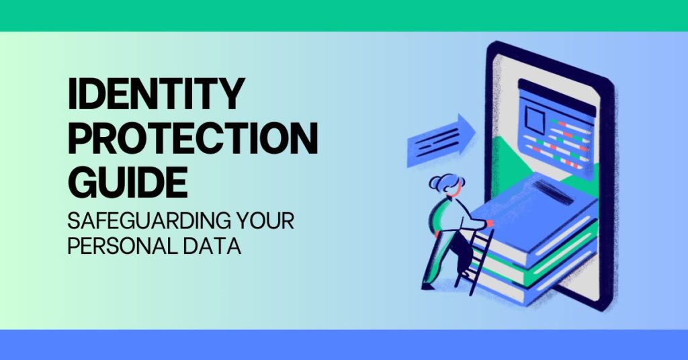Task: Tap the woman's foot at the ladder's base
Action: point(427,286)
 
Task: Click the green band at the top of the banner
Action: point(344,15)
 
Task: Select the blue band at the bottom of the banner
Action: point(344,344)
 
